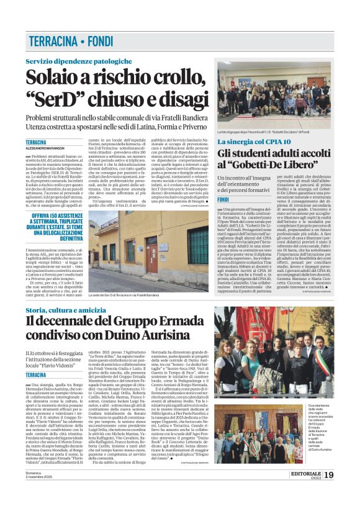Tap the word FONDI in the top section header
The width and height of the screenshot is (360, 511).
tap(106, 42)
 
